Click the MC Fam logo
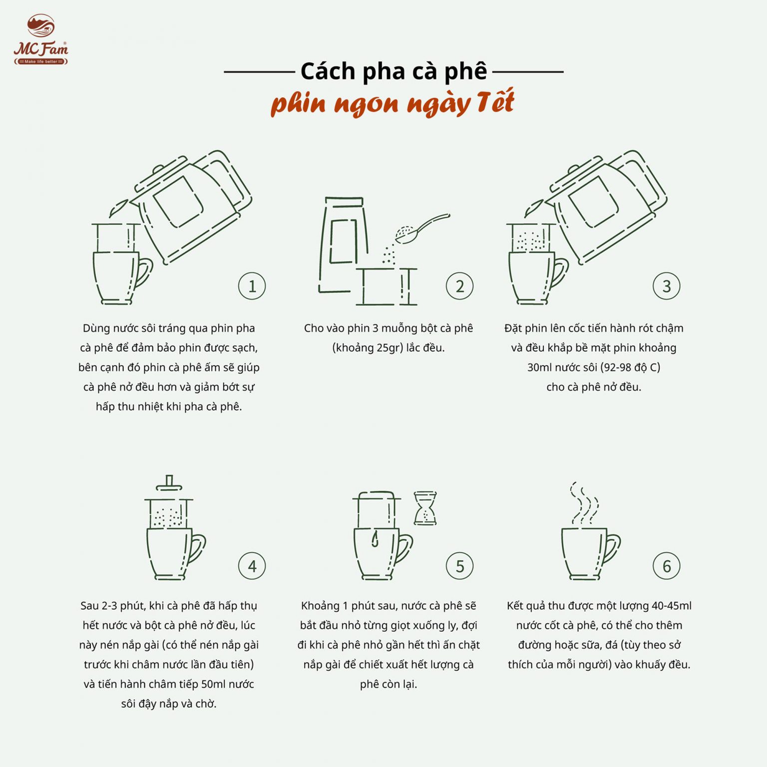click(40, 40)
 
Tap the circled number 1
click(252, 286)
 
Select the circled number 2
click(459, 286)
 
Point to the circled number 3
click(666, 286)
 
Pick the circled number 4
click(252, 566)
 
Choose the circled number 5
click(459, 566)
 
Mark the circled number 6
click(666, 566)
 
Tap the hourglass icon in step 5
click(425, 508)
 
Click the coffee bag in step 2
click(343, 245)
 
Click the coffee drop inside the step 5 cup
click(375, 539)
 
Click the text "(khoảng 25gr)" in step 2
click(368, 348)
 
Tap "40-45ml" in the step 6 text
click(671, 606)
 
